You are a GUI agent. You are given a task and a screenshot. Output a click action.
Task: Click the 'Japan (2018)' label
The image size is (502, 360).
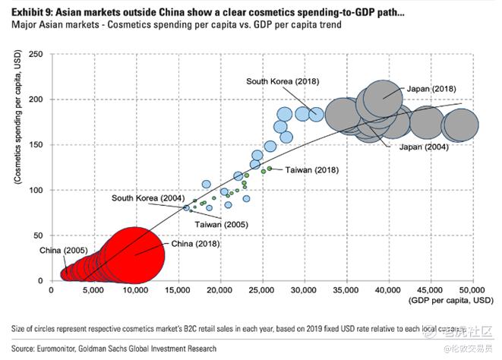(431, 89)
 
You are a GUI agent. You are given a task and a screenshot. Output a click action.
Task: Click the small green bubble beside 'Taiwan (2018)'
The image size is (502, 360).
(270, 169)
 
